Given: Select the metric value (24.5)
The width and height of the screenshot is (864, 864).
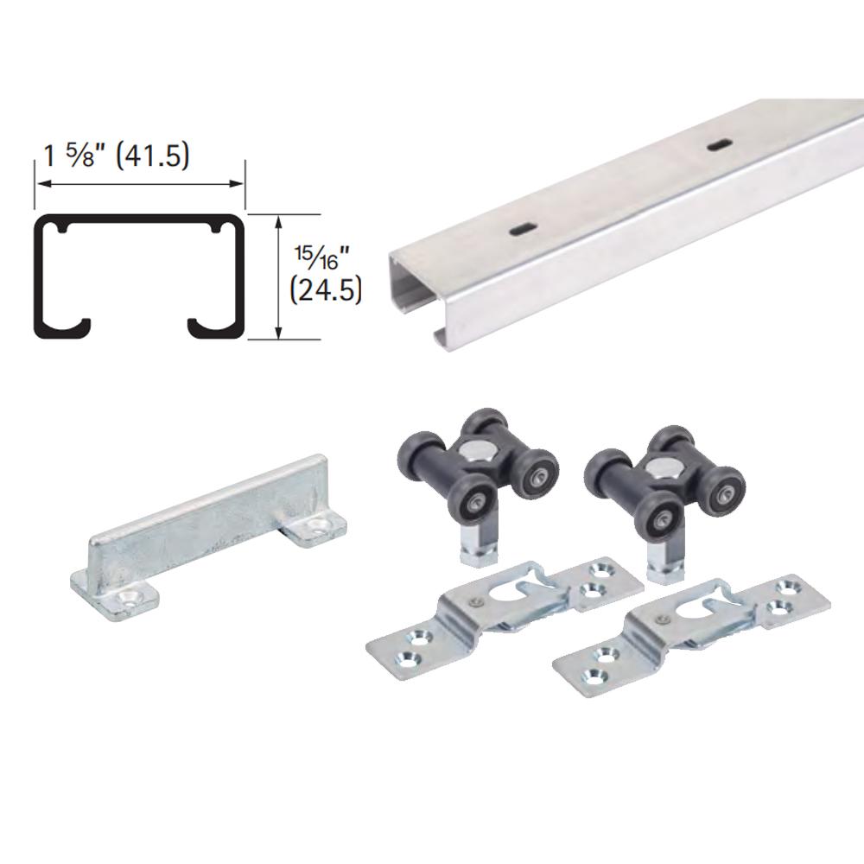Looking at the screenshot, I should (x=327, y=288).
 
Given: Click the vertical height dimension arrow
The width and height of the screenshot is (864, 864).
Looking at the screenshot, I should (x=278, y=276).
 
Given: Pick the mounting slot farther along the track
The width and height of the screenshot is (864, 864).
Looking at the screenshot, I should (x=717, y=146).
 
